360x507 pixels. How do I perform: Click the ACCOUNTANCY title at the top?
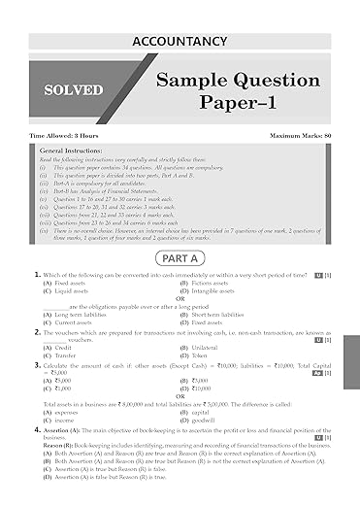[180, 41]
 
